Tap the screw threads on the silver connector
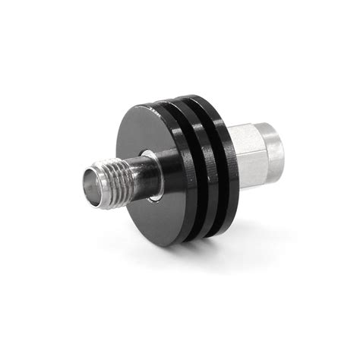(x=114, y=178)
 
